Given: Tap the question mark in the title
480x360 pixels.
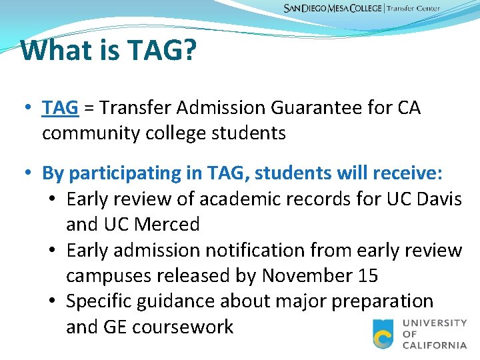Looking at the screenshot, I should pos(189,50).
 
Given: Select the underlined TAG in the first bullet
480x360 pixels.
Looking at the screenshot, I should pos(61,107).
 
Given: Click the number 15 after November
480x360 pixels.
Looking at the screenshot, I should pos(367,275).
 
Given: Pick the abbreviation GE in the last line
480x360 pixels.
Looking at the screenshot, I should pos(117,327).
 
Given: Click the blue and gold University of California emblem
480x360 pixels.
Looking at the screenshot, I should pos(383,333).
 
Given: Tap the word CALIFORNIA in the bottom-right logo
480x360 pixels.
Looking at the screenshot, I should pos(435,345).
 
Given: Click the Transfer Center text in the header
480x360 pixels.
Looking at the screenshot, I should pos(413,9).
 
